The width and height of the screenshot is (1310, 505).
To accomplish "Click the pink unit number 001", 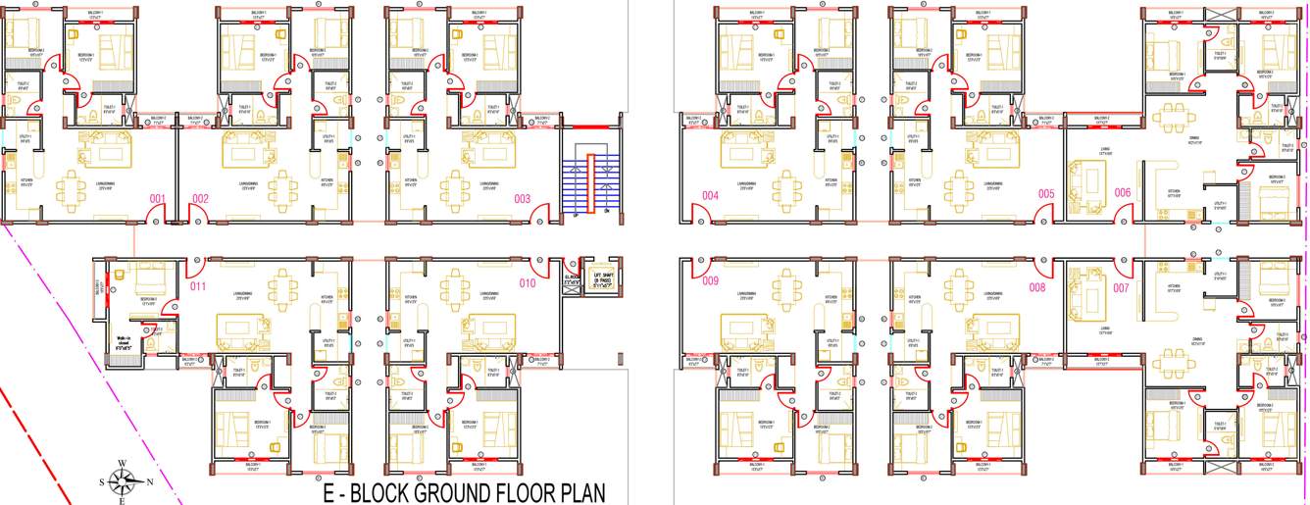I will click(x=157, y=199).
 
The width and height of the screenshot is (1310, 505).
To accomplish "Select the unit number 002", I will click(x=200, y=199).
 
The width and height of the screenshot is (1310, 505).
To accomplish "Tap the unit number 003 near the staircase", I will click(x=522, y=199).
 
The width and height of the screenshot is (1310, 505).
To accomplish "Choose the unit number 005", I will click(x=1046, y=194).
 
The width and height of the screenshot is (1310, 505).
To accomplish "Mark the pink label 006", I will click(x=1123, y=192).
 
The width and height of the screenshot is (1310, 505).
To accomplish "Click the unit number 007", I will click(x=1122, y=288).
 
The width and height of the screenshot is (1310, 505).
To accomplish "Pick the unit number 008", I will click(x=1037, y=287).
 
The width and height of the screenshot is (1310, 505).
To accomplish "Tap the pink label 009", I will click(x=711, y=281).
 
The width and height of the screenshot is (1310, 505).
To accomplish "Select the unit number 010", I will click(x=528, y=284).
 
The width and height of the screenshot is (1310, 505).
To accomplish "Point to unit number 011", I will click(x=198, y=286).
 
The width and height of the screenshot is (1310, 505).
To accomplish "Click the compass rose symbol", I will click(x=122, y=480).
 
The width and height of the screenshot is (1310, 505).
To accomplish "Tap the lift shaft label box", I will click(x=596, y=274).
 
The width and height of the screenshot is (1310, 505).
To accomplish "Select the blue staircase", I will click(x=590, y=182).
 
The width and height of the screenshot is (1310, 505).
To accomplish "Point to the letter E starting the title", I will click(x=330, y=491).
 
